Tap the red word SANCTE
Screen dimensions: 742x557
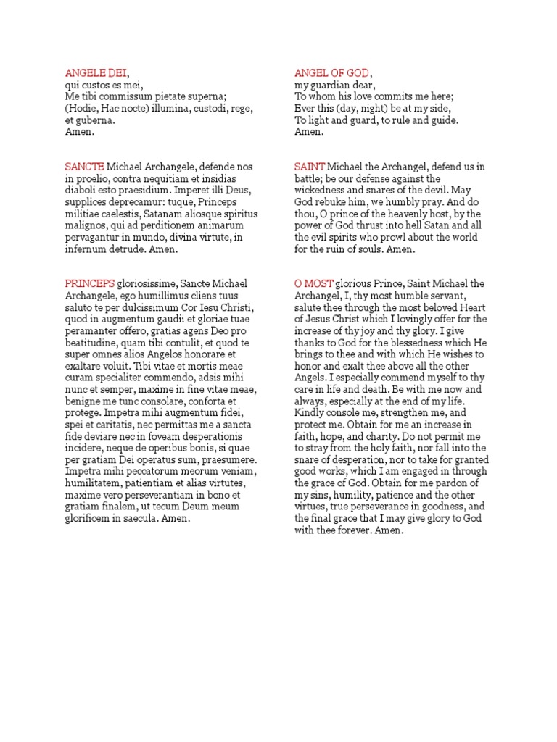pos(85,167)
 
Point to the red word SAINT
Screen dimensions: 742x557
pos(310,167)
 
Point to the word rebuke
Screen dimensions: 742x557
pos(333,202)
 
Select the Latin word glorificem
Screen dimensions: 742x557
pos(90,519)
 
